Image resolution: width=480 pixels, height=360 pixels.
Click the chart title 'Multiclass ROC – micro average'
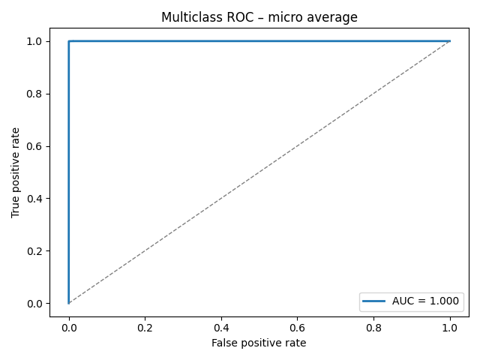pos(259,17)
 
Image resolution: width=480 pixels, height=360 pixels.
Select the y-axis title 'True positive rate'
pos(16,172)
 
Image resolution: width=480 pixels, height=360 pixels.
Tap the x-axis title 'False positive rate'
pos(259,343)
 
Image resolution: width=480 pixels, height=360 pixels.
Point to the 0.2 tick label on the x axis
pos(145,327)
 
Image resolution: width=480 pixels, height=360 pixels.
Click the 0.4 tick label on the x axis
pos(221,327)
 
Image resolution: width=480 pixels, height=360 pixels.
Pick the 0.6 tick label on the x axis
pos(297,327)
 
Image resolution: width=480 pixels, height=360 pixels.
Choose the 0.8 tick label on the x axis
pos(373,327)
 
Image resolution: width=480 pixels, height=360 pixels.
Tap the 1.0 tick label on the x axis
pos(450,327)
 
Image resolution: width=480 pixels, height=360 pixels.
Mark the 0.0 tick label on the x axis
pos(68,327)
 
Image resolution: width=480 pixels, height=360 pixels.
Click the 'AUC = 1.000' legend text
pos(425,301)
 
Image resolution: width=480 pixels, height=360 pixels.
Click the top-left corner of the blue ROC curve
pos(69,41)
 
